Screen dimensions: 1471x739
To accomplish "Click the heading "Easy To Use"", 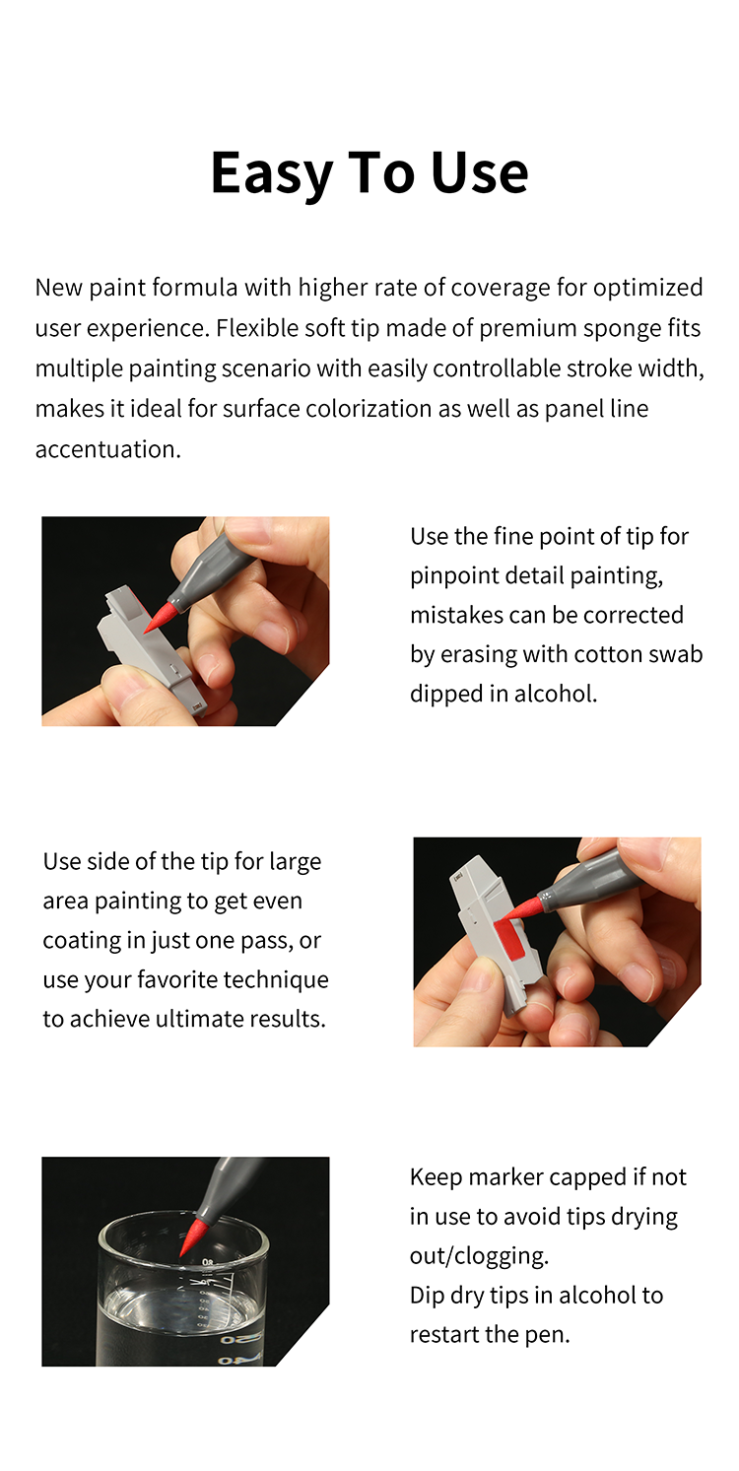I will (x=369, y=172).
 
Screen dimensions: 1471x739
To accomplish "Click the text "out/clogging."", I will (x=479, y=1255).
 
